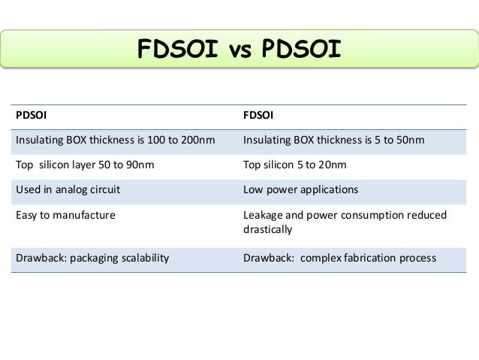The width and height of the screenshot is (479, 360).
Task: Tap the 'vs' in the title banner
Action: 238,50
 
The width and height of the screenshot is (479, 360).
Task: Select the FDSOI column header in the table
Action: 260,116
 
